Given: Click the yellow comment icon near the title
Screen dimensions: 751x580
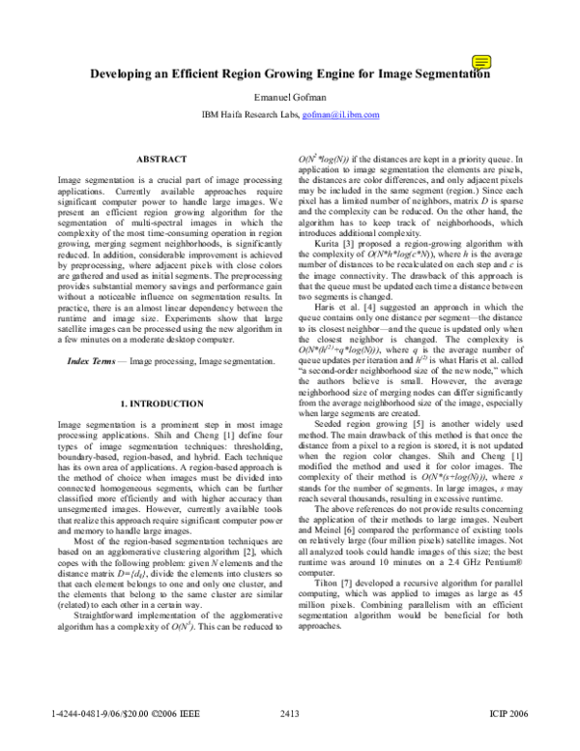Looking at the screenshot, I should [479, 62].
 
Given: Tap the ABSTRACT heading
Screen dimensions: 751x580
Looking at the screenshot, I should [161, 158].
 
